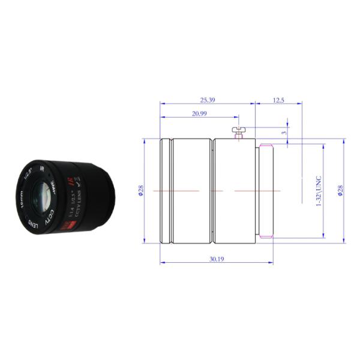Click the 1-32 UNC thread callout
319,191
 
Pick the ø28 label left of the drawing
141,190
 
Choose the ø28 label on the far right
340,191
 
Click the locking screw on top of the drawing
239,130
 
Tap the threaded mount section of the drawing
266,191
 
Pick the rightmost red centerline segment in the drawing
252,191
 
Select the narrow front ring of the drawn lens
165,191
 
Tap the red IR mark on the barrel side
70,180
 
